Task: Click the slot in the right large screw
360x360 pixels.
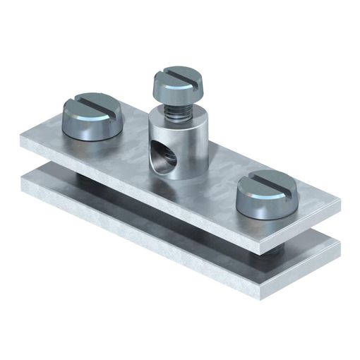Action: (x=264, y=186)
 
